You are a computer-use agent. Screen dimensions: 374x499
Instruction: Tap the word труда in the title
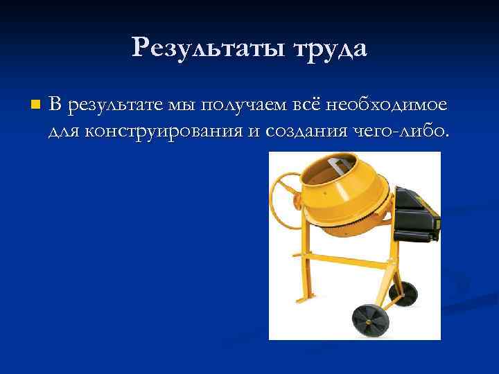click(x=329, y=48)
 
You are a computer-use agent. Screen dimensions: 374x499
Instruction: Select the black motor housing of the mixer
click(x=416, y=211)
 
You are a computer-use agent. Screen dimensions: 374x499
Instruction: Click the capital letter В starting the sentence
click(x=55, y=105)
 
